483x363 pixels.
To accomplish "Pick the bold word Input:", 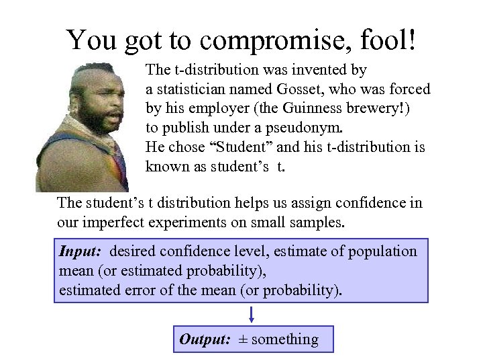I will tap(80, 251).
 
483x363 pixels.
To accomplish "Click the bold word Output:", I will tap(204, 339).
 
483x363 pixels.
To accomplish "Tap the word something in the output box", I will tap(284, 339).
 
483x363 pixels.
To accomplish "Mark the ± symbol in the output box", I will tap(242, 339).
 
